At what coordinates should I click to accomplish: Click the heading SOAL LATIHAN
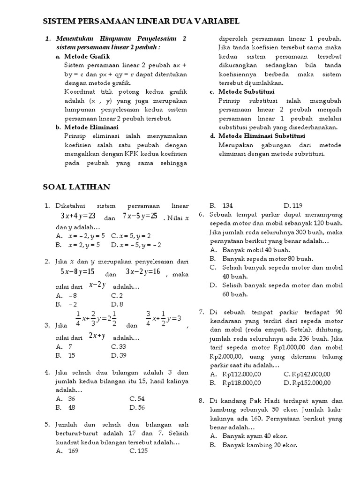click(x=76, y=187)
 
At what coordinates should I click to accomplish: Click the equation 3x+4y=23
click(x=78, y=216)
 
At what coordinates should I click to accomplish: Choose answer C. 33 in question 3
click(x=119, y=346)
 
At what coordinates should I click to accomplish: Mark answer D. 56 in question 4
click(x=137, y=407)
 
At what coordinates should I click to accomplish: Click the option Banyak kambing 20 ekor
click(x=259, y=445)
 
